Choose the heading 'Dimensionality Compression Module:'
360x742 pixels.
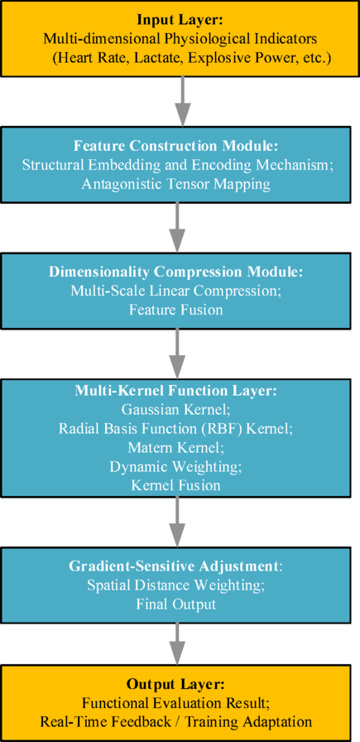[x=176, y=272]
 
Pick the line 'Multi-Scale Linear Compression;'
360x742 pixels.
[x=176, y=291]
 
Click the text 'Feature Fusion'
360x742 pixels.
[x=176, y=311]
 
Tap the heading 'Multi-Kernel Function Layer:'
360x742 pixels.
[x=176, y=391]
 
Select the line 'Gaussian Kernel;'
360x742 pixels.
[x=176, y=409]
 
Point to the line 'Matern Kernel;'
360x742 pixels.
[x=176, y=447]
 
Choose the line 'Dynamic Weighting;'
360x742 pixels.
[x=176, y=466]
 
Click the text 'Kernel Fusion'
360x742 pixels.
[x=176, y=484]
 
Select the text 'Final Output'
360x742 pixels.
[x=176, y=605]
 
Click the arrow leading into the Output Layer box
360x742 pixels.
[x=176, y=642]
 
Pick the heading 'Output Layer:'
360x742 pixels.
[x=175, y=685]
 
